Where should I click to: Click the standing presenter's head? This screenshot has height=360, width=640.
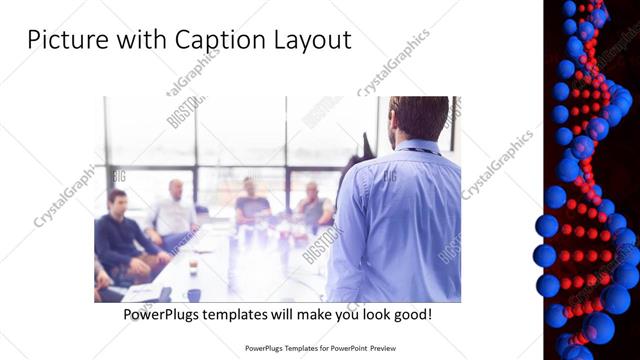(418, 118)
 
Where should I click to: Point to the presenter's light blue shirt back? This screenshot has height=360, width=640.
(400, 220)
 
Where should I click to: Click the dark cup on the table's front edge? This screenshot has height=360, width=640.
(193, 294)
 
